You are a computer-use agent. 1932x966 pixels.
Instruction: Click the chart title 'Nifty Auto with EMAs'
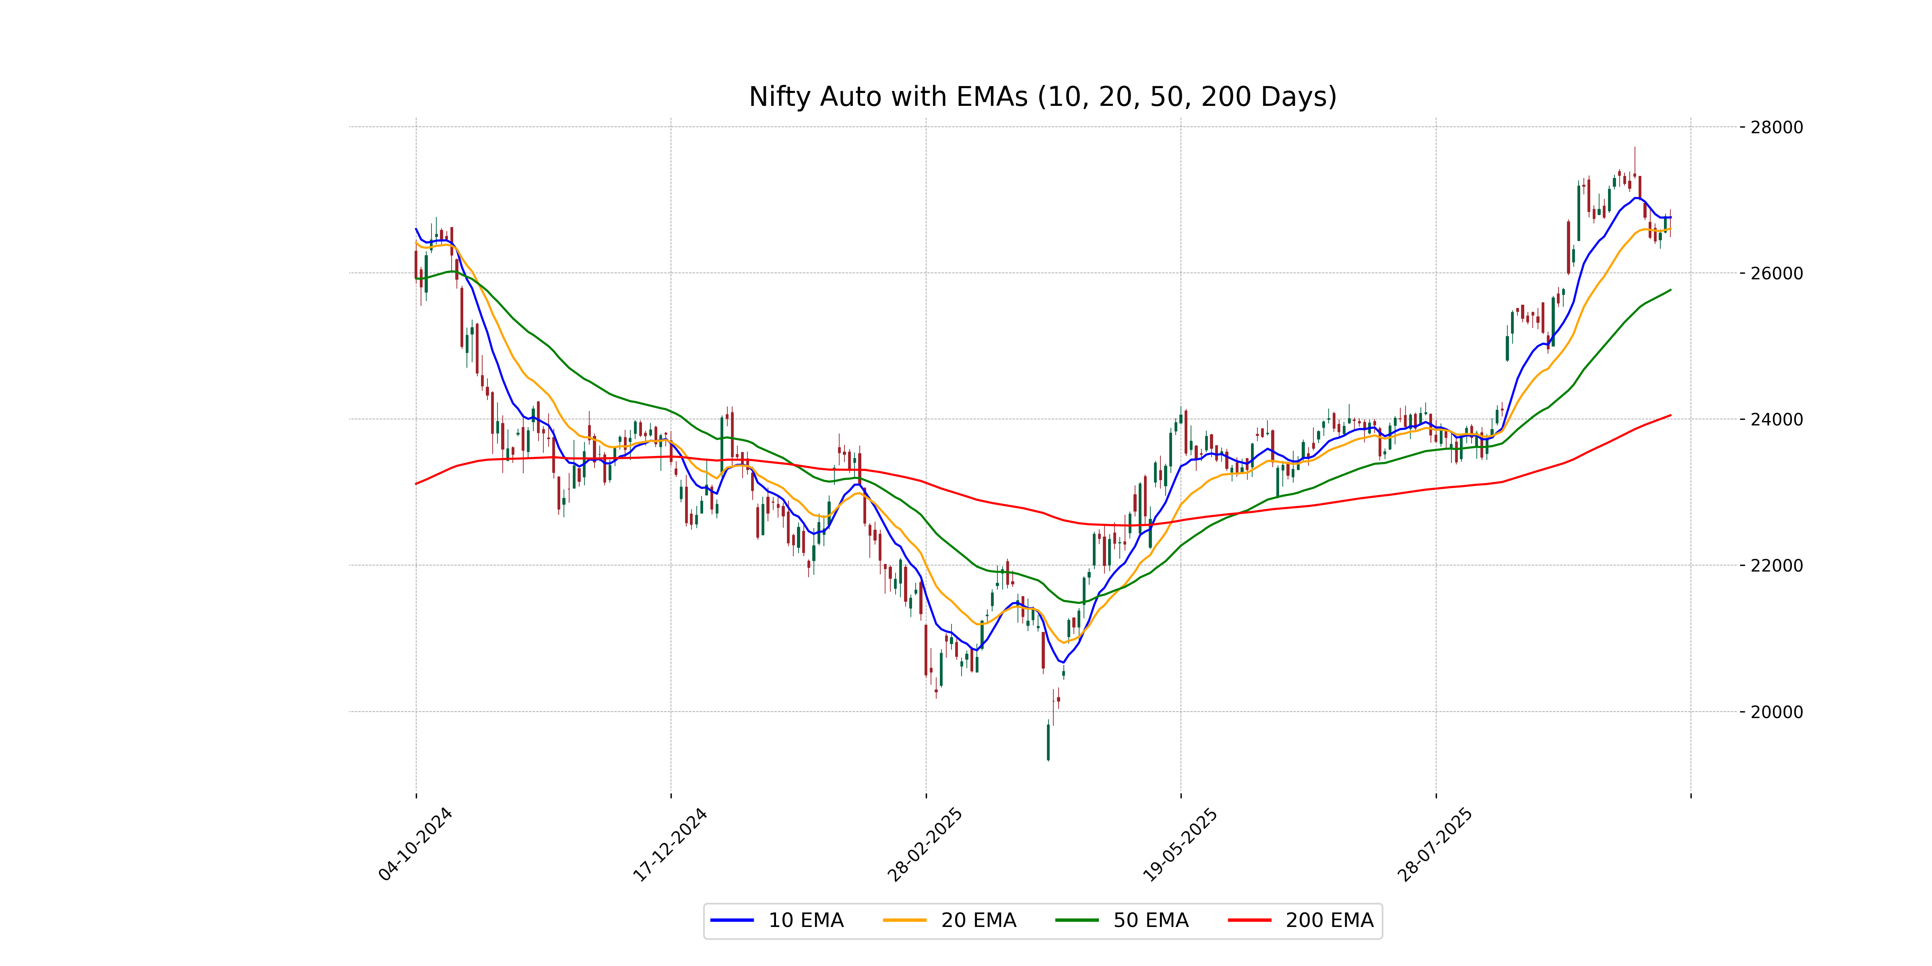coord(1042,97)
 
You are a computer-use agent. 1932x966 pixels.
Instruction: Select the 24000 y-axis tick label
coord(1776,420)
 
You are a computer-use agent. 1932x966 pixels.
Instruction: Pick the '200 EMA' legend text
coord(1329,920)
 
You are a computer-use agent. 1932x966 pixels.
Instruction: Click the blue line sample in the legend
coord(732,920)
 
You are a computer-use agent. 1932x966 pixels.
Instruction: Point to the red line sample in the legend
coord(1249,920)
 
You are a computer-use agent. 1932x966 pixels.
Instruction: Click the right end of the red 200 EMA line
coord(1670,415)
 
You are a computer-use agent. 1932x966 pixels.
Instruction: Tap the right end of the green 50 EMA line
coord(1670,289)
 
